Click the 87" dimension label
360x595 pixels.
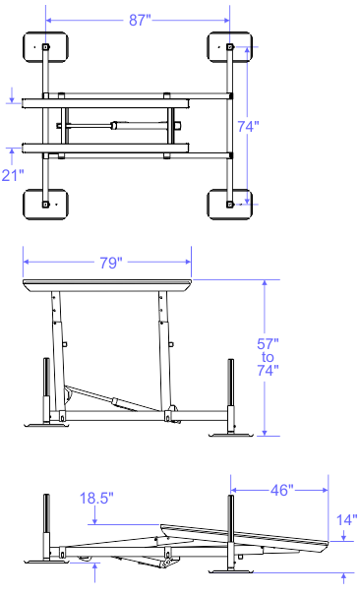click(140, 20)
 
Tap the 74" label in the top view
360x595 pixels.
click(248, 126)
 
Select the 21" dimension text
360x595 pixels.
click(13, 175)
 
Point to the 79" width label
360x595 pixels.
click(111, 263)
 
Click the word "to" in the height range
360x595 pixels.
click(268, 357)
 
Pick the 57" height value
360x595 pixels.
click(268, 344)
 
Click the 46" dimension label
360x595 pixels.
click(282, 490)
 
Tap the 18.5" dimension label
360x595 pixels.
click(96, 498)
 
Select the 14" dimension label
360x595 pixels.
click(347, 520)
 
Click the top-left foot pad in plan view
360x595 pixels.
click(45, 47)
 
